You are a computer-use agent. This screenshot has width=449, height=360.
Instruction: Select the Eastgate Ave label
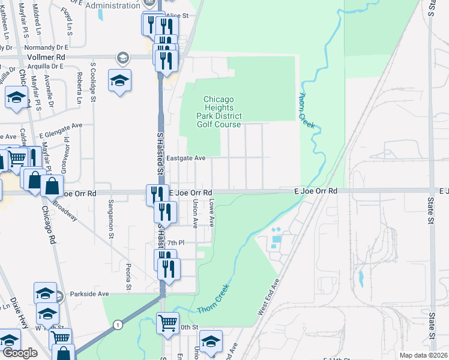(x=186, y=158)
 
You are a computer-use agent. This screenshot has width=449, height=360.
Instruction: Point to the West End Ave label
(x=268, y=297)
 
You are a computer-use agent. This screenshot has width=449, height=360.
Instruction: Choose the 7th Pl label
(x=174, y=242)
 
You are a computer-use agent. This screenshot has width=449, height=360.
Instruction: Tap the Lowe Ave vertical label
(x=211, y=213)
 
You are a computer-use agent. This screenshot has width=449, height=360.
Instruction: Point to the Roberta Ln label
(x=79, y=87)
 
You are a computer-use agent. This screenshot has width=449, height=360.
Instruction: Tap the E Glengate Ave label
(x=61, y=130)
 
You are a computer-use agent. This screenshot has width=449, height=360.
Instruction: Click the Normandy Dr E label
(x=47, y=46)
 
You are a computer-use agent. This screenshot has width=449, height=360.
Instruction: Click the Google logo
(x=19, y=353)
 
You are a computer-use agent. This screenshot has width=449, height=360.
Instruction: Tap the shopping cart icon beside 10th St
(x=167, y=323)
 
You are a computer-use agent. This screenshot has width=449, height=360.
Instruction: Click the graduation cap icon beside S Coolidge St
(x=119, y=80)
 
